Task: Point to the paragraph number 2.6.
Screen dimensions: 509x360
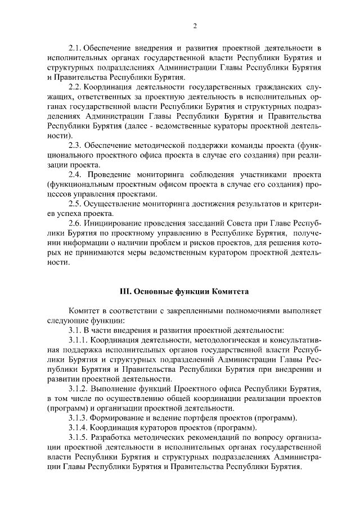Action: tap(76, 223)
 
